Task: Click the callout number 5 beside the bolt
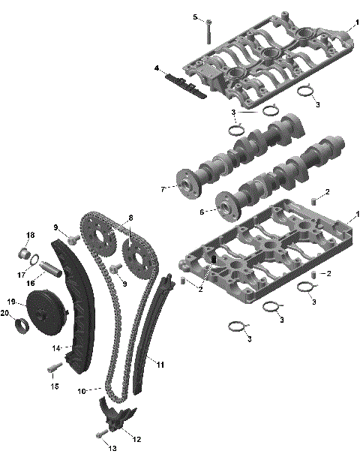coord(195,17)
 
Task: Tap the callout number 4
coord(157,68)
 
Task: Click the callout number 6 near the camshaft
coord(202,212)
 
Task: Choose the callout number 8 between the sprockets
coord(130,218)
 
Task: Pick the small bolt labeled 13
coord(100,434)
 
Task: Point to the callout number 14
coord(55,348)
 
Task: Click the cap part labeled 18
coord(27,252)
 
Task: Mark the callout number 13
coord(113,448)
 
